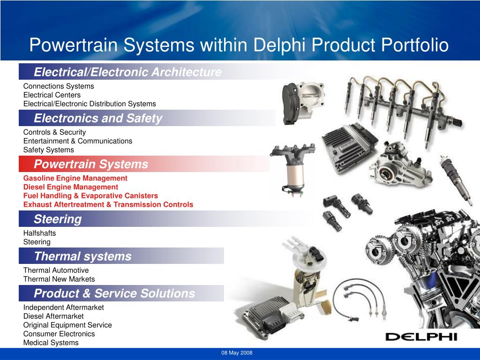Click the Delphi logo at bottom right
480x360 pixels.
tap(420, 336)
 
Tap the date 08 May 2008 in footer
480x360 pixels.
tap(237, 353)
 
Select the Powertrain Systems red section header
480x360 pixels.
tap(91, 165)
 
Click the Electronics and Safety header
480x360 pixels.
tap(98, 119)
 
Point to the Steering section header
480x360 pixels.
tap(58, 219)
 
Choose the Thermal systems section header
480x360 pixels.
tap(82, 256)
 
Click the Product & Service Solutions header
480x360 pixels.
tap(114, 294)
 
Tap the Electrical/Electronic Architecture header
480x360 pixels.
tap(127, 72)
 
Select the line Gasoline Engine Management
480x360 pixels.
tap(75, 178)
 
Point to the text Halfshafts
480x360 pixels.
tap(39, 233)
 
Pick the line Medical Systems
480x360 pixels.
tap(51, 343)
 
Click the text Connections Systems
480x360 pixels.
tap(59, 86)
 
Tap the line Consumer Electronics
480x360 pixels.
tap(59, 334)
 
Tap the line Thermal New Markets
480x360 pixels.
tap(59, 279)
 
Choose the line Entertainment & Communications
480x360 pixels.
tap(78, 141)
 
